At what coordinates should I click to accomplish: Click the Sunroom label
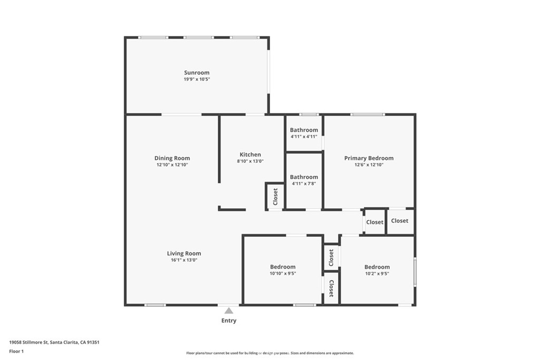click(x=197, y=73)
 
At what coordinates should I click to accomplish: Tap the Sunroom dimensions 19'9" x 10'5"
click(x=197, y=79)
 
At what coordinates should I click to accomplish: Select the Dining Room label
click(x=172, y=158)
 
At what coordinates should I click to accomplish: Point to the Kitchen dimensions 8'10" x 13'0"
click(x=250, y=161)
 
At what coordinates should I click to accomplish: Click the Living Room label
click(x=184, y=254)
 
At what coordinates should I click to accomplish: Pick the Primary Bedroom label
click(x=369, y=158)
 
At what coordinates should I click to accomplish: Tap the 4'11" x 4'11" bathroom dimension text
click(x=304, y=137)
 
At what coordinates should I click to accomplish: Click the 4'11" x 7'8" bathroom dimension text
click(x=304, y=184)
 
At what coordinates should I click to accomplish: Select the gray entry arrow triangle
click(x=229, y=311)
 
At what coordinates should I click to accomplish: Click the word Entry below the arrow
click(x=229, y=320)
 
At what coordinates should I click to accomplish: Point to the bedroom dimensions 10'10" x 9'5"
click(x=283, y=274)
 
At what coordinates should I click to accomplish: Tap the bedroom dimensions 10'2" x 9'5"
click(x=377, y=274)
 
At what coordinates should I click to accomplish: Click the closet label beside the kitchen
click(x=275, y=197)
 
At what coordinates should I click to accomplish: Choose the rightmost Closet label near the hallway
click(x=400, y=221)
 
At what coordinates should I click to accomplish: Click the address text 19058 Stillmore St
click(x=28, y=343)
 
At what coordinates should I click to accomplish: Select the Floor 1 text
click(x=16, y=352)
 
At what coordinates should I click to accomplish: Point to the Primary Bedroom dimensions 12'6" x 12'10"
click(x=369, y=165)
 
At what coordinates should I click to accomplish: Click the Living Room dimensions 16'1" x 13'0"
click(x=184, y=260)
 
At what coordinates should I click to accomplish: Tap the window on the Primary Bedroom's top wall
click(x=368, y=114)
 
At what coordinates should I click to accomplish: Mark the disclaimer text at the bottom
click(x=270, y=353)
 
